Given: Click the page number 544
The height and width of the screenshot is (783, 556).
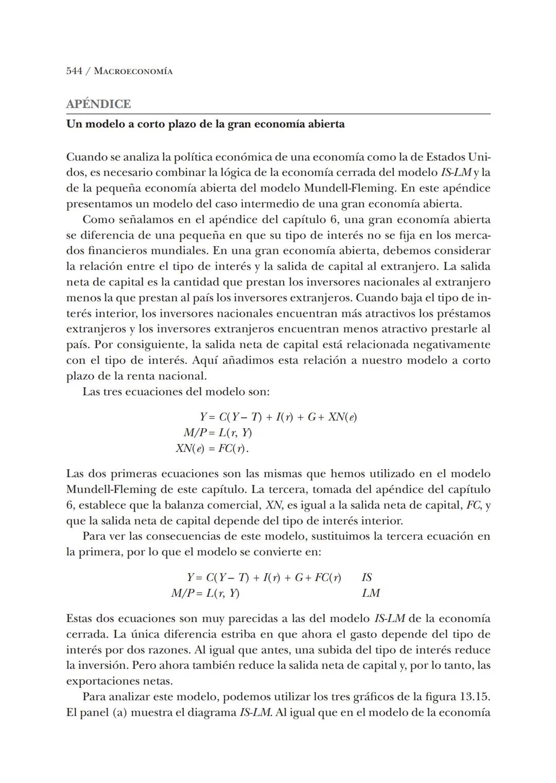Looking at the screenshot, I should click(74, 71).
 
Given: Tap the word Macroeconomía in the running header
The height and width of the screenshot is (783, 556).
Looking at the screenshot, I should click(134, 71).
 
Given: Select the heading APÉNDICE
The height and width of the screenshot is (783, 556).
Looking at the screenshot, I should click(98, 104).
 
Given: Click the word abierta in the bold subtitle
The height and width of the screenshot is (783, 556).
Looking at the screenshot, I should click(326, 124).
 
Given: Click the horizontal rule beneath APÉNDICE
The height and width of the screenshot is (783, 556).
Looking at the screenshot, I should click(278, 114).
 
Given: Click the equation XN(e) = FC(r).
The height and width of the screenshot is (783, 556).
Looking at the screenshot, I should click(212, 448).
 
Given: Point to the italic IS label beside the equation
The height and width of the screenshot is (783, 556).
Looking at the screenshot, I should click(367, 577).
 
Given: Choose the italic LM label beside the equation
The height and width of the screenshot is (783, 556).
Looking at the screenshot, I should click(371, 593).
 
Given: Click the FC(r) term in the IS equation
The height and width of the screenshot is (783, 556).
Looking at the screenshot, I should click(327, 577).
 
